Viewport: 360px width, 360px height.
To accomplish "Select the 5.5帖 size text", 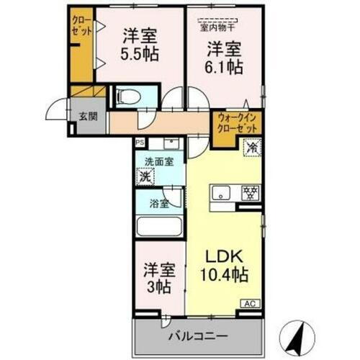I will coord(140,54).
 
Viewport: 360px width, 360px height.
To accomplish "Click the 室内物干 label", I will coord(221,27).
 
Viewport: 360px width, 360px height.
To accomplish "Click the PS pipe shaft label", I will coord(140,143).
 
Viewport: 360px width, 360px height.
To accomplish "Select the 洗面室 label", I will coord(158,162).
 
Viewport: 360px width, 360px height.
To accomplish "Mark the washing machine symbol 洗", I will coord(145,176).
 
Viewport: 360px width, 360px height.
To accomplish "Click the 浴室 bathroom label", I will coord(159,203).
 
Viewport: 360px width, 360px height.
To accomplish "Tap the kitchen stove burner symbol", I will coord(250,193).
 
